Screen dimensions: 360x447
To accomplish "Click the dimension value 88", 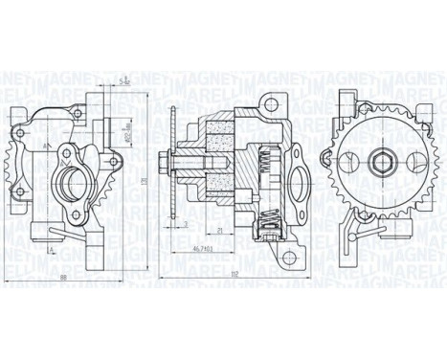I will click(62, 279).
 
